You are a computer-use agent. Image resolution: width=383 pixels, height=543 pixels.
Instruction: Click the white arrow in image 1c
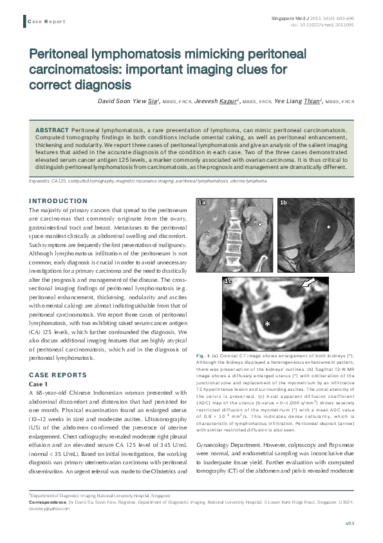click(x=309, y=282)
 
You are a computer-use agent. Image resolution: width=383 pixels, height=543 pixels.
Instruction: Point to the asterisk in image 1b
click(x=328, y=228)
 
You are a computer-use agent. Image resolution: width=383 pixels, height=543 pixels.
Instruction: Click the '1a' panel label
click(x=202, y=202)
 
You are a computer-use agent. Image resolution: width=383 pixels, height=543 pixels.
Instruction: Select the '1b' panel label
click(x=283, y=202)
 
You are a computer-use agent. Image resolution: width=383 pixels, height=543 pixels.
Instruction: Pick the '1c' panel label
click(x=228, y=282)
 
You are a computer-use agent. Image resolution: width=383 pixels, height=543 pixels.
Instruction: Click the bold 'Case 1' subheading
click(x=39, y=384)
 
